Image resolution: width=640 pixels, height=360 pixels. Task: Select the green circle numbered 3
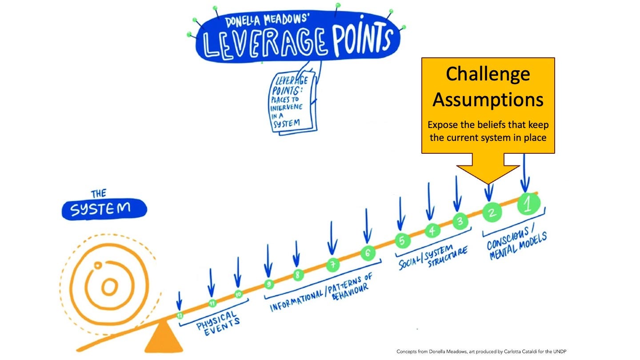pos(460,221)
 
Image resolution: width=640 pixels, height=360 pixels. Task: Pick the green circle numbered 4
pos(432,230)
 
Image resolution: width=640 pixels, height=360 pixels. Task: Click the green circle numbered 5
pos(402,240)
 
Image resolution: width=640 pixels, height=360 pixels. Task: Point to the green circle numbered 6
pos(368,254)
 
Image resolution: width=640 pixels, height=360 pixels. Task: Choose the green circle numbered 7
pos(332,265)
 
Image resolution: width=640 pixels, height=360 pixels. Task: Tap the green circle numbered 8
pos(297,275)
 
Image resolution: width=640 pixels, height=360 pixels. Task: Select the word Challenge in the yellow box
pos(488,74)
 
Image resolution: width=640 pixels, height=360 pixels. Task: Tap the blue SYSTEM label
pos(104,209)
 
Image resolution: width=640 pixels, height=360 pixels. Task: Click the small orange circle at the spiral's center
pos(108,287)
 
